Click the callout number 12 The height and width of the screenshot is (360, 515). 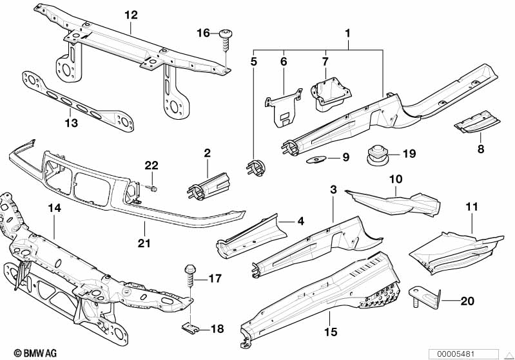[131, 14]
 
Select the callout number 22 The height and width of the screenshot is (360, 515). [151, 166]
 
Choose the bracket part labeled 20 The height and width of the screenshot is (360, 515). [425, 298]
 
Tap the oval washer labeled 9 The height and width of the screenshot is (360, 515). [318, 158]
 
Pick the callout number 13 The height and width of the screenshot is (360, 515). [72, 122]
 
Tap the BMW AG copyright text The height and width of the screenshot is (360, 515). [30, 352]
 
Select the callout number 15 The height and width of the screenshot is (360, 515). [331, 333]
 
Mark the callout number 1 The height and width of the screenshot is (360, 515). [348, 32]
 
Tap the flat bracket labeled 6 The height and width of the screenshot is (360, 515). [284, 104]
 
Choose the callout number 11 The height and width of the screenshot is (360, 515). [472, 208]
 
